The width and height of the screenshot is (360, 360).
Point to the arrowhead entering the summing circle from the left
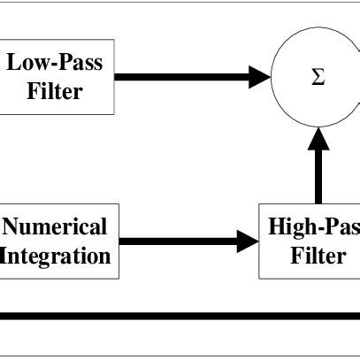coord(259,77)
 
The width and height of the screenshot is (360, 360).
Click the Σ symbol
coord(318,77)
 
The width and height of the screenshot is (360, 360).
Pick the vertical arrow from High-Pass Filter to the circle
coord(318,172)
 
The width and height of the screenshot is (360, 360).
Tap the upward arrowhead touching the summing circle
coord(318,137)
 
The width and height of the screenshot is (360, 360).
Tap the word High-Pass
coord(314,226)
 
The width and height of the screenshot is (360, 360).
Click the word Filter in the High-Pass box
coord(319,256)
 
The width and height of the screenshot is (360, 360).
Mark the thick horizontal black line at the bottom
coord(177,316)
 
